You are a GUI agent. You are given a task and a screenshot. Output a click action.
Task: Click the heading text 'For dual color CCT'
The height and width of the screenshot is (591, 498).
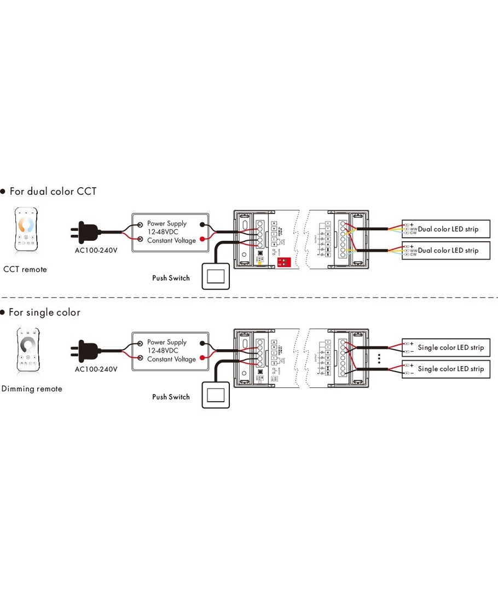tap(53, 192)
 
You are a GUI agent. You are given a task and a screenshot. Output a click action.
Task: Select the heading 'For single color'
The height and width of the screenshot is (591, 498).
tap(44, 312)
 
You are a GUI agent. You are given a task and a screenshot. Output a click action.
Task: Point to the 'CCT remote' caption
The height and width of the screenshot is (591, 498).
tap(25, 269)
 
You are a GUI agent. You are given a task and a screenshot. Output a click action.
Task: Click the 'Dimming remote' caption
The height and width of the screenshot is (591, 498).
tap(32, 389)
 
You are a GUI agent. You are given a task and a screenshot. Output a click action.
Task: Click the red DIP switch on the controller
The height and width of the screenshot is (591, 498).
tap(283, 263)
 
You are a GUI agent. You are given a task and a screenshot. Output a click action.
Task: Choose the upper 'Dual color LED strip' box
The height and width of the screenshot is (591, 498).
tap(446, 229)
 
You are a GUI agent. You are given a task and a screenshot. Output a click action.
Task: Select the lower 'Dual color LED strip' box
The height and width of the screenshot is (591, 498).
tap(446, 250)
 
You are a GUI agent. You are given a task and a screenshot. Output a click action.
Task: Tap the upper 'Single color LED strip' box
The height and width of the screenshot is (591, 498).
tap(446, 347)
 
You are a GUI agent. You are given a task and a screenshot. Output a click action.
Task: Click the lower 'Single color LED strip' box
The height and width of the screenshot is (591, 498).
tap(446, 369)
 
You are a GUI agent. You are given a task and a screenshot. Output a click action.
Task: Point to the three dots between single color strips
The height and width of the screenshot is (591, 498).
tap(379, 358)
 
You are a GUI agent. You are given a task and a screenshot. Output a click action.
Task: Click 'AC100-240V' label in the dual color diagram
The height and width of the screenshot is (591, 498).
tap(96, 251)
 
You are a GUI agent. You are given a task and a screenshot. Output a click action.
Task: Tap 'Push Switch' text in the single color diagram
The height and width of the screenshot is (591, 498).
tap(171, 397)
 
